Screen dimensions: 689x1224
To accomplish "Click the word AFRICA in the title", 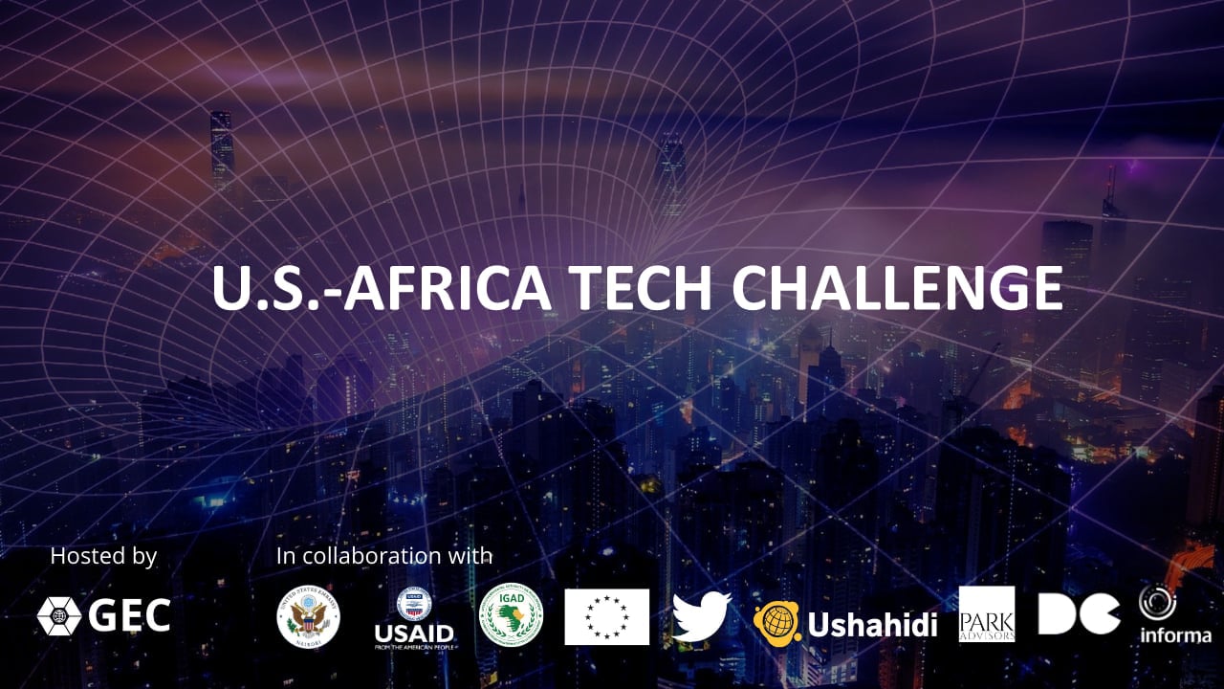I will pos(447,286).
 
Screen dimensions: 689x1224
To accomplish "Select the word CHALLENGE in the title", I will pos(899,286).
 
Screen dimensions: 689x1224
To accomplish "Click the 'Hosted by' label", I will pos(103,556).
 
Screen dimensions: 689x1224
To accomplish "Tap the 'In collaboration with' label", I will pos(384,556).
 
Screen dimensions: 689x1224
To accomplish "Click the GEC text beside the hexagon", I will pos(129,616).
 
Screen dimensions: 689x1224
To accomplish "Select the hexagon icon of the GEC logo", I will pos(58,616).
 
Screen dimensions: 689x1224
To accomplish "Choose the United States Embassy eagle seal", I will pos(308,616).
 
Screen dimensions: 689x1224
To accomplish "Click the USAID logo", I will pos(414,618).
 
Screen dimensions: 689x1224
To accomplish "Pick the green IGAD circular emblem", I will pos(511,615).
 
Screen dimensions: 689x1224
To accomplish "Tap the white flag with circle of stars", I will pos(606,616).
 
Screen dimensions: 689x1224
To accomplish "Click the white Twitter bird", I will pos(701,616).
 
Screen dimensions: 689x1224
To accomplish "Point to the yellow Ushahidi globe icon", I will pos(776,623).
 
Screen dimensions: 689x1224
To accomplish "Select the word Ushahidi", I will pos(872,624).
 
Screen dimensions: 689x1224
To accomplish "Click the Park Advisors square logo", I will pos(987,614).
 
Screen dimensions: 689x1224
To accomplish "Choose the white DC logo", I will pos(1079,614).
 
